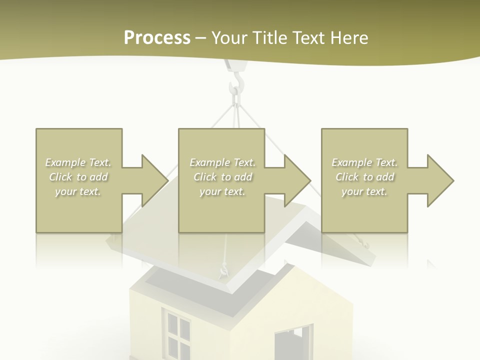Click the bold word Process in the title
click(157, 38)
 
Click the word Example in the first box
click(65, 162)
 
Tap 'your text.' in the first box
click(78, 191)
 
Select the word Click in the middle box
click(204, 177)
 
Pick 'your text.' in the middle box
click(222, 191)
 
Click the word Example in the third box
click(351, 162)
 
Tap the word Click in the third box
click(347, 177)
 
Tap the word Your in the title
click(230, 38)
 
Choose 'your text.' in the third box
click(364, 191)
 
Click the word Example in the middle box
click(209, 162)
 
